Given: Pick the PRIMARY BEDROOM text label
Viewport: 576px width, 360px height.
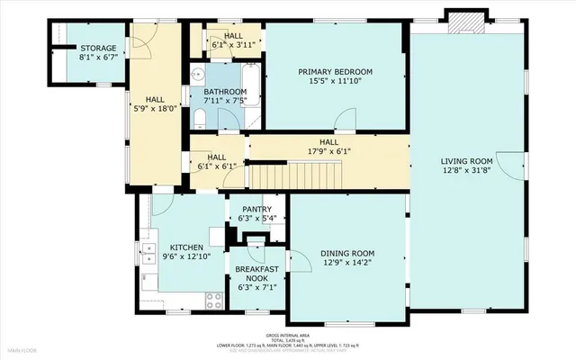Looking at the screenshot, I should pos(335,71).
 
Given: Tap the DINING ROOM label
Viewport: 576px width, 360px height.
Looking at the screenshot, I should pos(347,254).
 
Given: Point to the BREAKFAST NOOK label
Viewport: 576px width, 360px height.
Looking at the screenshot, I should pos(257,274).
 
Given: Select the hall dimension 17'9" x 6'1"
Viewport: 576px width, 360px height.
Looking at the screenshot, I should pos(328,151).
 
